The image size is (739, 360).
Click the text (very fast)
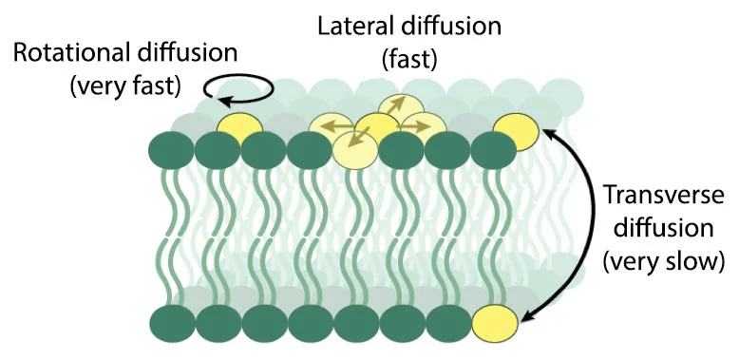click(124, 87)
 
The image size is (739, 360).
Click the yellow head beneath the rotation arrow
click(239, 128)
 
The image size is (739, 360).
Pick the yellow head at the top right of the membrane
click(516, 130)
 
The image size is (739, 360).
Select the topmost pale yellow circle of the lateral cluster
click(399, 107)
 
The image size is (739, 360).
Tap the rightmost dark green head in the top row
click(493, 149)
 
